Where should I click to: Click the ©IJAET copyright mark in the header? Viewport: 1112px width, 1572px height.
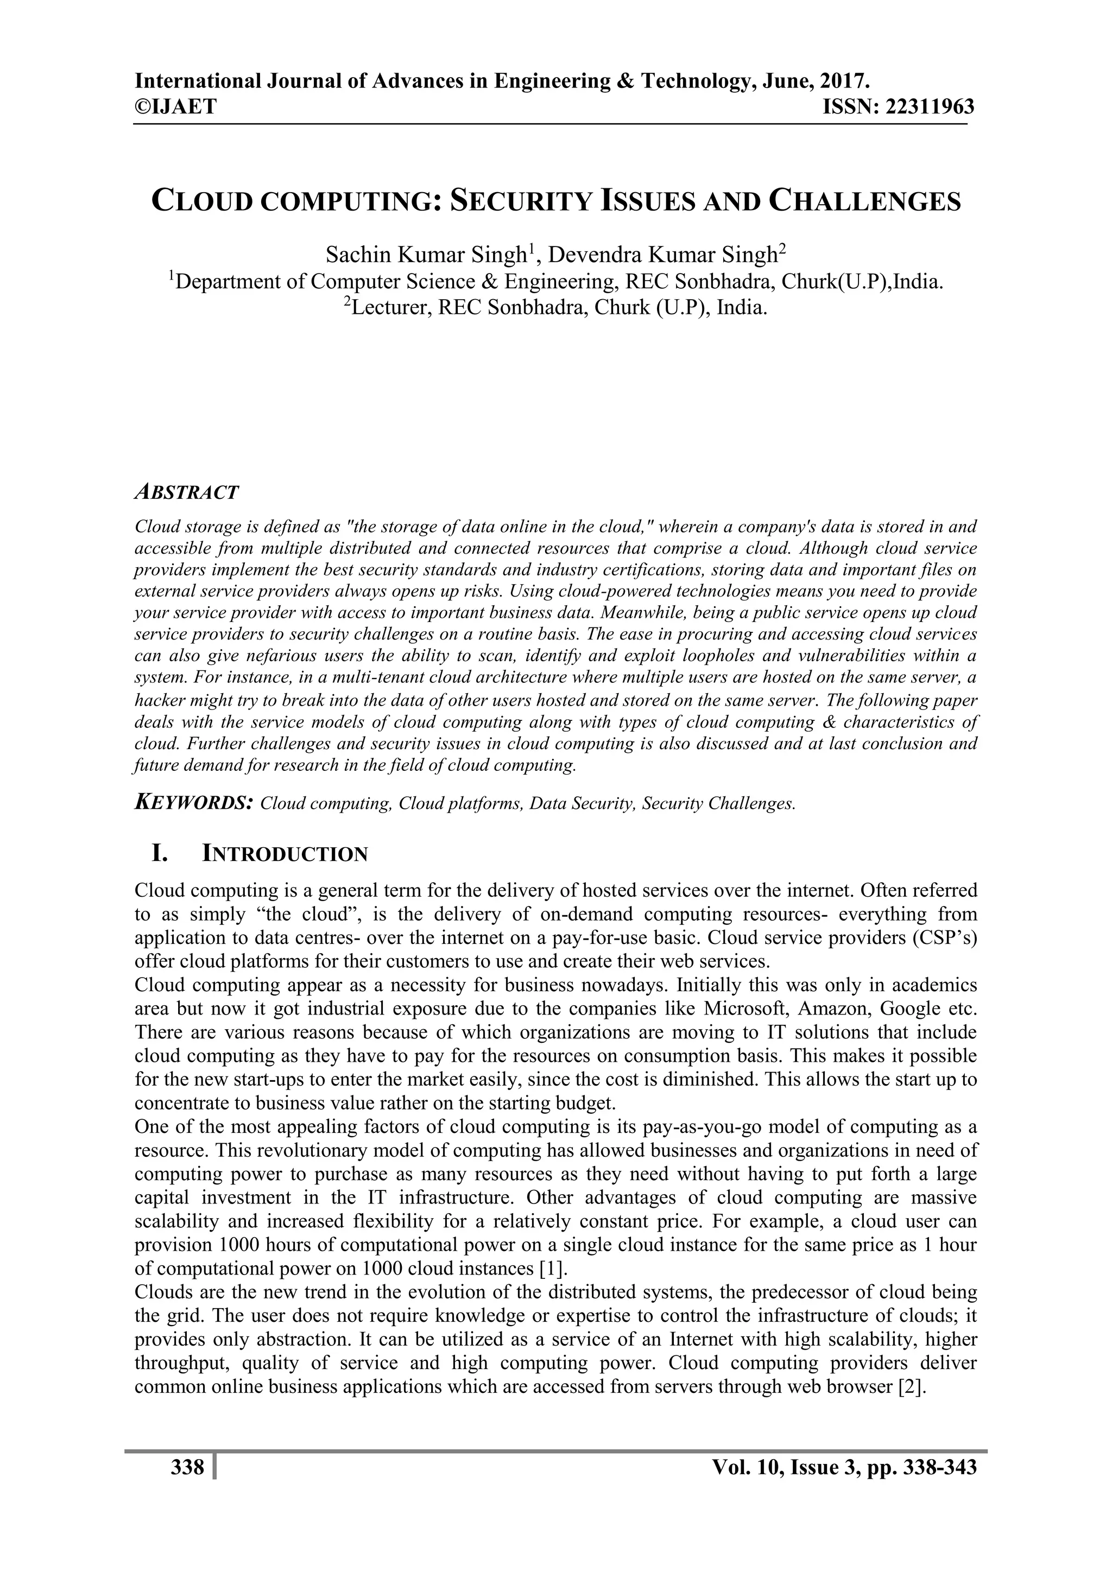[x=175, y=107]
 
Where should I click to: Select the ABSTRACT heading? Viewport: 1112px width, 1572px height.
[x=186, y=492]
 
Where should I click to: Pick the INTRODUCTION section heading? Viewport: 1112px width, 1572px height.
[x=286, y=854]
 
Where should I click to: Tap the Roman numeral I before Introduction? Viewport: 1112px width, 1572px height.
[x=159, y=854]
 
